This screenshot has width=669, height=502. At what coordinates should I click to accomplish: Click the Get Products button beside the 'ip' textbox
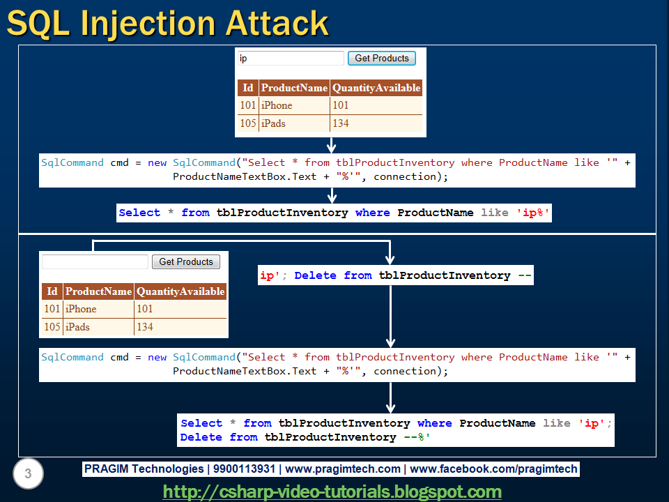pyautogui.click(x=382, y=58)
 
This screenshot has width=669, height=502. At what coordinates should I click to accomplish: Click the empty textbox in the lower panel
pyautogui.click(x=95, y=261)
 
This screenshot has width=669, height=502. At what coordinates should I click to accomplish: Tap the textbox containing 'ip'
pyautogui.click(x=291, y=58)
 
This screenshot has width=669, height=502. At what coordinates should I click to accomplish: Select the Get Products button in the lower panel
pyautogui.click(x=186, y=261)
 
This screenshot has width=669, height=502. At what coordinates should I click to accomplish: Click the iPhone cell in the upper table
pyautogui.click(x=294, y=105)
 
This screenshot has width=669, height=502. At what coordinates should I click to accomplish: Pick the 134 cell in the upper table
pyautogui.click(x=376, y=123)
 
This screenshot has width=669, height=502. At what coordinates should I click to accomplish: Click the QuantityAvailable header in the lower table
pyautogui.click(x=180, y=291)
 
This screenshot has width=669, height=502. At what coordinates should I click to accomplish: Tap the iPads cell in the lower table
pyautogui.click(x=98, y=327)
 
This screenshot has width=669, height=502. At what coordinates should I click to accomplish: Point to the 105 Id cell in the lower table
pyautogui.click(x=52, y=327)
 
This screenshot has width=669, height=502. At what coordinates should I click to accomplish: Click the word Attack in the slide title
pyautogui.click(x=277, y=23)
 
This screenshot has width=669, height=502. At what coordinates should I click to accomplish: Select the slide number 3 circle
pyautogui.click(x=28, y=473)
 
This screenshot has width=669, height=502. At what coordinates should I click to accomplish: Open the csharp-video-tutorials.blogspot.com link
pyautogui.click(x=332, y=492)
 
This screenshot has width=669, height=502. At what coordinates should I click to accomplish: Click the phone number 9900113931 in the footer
pyautogui.click(x=244, y=469)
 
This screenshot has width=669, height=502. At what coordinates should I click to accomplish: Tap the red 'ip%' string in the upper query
pyautogui.click(x=532, y=213)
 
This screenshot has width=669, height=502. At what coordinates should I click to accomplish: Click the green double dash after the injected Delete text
pyautogui.click(x=525, y=275)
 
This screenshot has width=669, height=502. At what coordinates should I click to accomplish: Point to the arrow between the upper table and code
pyautogui.click(x=332, y=146)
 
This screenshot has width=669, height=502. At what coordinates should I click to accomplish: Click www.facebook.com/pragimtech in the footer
pyautogui.click(x=493, y=469)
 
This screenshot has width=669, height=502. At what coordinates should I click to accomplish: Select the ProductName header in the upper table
pyautogui.click(x=294, y=88)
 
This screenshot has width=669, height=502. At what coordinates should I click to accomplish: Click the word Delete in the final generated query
pyautogui.click(x=201, y=437)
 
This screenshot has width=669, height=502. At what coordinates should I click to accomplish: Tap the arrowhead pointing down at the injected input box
pyautogui.click(x=390, y=260)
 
